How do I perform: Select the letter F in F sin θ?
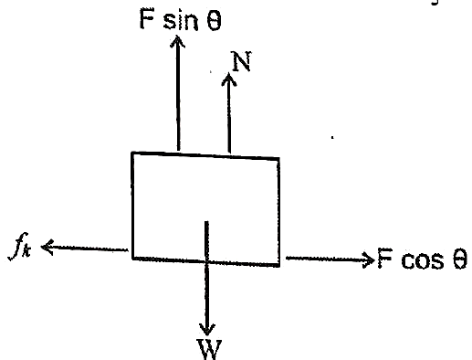coord(146,19)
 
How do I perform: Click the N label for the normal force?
coord(241,61)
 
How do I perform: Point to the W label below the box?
coord(210,350)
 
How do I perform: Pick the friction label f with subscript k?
coord(20,247)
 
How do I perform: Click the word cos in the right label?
coord(423,260)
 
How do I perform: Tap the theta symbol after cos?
coord(459,259)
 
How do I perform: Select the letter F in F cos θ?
coord(385,258)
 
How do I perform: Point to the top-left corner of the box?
coord(132,153)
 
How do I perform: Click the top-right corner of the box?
coord(278,159)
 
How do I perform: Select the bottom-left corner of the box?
coord(133,259)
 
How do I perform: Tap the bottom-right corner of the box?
coord(279,266)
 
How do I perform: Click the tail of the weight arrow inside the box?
coord(206,222)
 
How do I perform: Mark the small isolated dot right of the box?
coord(332,138)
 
